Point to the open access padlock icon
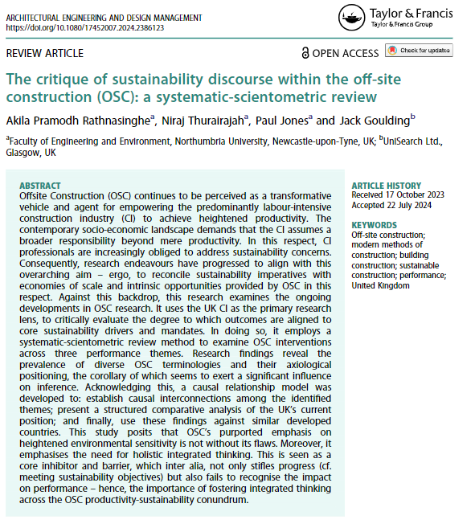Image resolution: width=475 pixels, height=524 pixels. click(x=305, y=53)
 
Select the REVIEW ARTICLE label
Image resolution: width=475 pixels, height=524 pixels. click(x=44, y=53)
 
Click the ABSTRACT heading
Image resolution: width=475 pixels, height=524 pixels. click(x=40, y=185)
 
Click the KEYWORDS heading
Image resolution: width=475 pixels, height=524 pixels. click(x=374, y=225)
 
